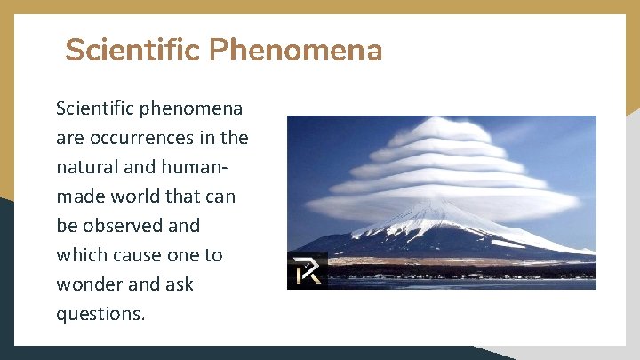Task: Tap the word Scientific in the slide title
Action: tap(133, 50)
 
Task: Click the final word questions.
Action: tap(100, 314)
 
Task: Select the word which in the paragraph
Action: tap(82, 255)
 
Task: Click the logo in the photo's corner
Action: tap(307, 271)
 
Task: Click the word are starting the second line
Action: tap(70, 138)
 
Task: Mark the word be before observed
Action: tap(68, 226)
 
